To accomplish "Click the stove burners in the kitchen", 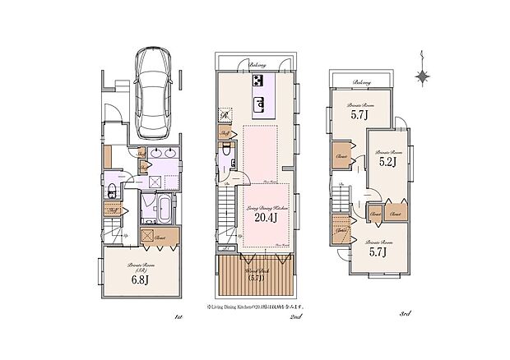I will click(259, 81).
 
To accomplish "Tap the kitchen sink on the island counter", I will click(260, 104).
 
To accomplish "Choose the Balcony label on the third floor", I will click(360, 82).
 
